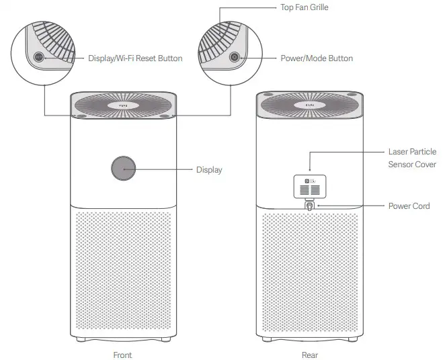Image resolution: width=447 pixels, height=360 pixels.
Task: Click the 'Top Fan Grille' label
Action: (x=304, y=8)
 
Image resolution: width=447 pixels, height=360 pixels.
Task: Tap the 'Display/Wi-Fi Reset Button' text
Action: (x=135, y=58)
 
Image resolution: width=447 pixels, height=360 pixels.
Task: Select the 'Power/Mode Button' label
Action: (x=316, y=58)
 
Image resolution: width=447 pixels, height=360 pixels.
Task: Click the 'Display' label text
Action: (x=208, y=170)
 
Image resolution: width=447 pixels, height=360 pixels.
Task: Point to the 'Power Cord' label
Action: (x=409, y=206)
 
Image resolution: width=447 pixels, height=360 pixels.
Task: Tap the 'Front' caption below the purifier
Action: (x=124, y=355)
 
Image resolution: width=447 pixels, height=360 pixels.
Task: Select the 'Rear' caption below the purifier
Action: (x=309, y=355)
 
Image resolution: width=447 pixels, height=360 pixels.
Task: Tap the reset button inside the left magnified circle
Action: (x=38, y=58)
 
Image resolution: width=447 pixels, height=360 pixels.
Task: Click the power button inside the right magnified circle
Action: (x=234, y=58)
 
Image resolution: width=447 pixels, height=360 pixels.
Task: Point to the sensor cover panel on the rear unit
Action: (x=310, y=186)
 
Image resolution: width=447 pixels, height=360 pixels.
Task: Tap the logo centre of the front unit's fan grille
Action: (x=124, y=105)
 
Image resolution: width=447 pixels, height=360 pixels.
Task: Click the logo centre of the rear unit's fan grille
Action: (x=310, y=105)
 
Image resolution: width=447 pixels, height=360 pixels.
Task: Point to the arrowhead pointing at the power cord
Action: (x=317, y=206)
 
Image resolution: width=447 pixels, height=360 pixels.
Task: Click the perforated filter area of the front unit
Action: (x=124, y=275)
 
